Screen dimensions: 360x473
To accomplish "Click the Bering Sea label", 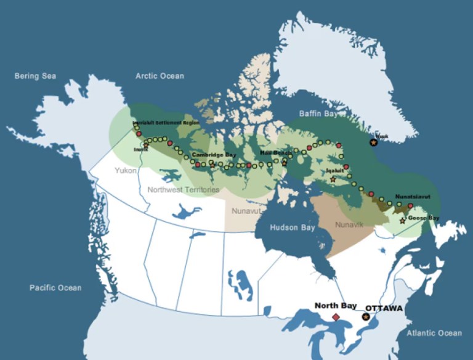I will click(x=35, y=76).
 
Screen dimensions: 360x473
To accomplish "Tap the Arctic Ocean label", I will click(x=160, y=76).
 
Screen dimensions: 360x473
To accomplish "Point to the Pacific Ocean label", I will click(x=55, y=288).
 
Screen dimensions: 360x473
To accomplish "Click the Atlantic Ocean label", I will click(x=434, y=333).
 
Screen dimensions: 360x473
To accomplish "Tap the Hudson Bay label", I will click(x=293, y=227).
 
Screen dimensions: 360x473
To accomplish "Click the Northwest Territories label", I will click(x=183, y=190).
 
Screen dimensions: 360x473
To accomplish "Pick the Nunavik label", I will click(x=349, y=225).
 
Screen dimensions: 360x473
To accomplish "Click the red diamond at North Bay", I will click(x=336, y=317).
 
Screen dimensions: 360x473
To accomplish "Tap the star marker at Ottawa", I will click(x=366, y=317).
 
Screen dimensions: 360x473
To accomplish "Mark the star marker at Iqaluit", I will click(x=333, y=179).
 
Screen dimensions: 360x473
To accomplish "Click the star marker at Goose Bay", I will click(x=403, y=221).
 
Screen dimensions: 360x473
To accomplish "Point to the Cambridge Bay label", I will click(x=214, y=154).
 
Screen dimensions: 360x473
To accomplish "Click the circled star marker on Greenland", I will click(x=373, y=142).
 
